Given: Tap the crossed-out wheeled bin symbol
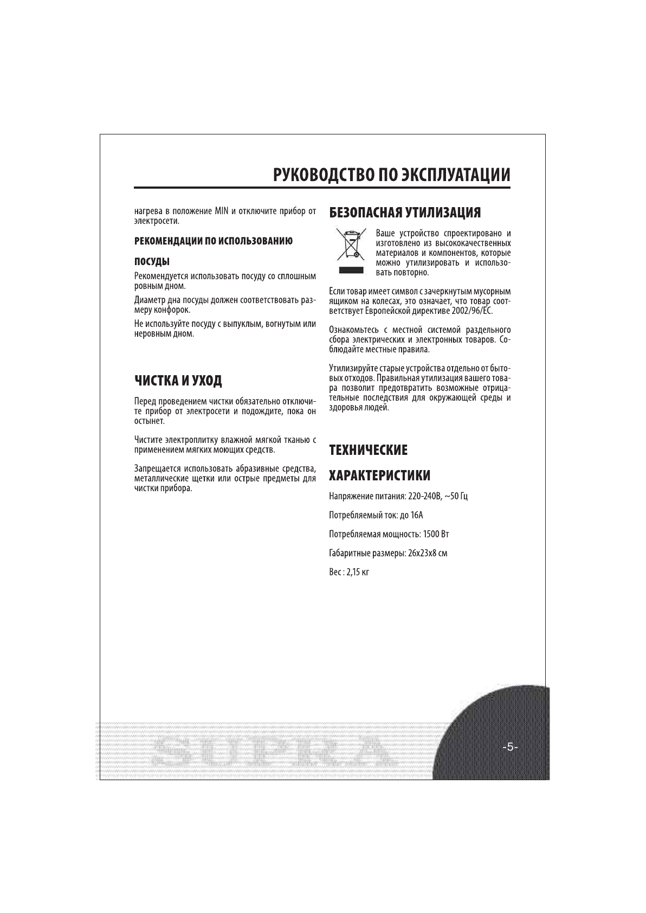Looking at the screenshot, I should (x=348, y=246).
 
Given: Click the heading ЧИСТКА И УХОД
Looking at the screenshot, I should (x=178, y=380).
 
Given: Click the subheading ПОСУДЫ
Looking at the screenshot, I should (x=152, y=262).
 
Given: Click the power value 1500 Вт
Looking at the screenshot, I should (x=436, y=534).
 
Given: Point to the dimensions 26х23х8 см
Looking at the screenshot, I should (x=427, y=553).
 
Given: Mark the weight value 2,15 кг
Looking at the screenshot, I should (x=358, y=572).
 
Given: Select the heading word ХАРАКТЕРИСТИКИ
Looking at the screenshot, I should (x=380, y=475).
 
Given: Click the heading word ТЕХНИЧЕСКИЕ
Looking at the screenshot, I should (x=368, y=450).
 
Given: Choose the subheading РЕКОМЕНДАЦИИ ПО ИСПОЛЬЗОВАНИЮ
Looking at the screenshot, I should (x=214, y=241).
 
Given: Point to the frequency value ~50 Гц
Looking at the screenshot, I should (x=456, y=496).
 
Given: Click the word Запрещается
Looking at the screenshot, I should (x=157, y=468).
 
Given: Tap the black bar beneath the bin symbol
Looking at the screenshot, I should (x=348, y=269).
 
